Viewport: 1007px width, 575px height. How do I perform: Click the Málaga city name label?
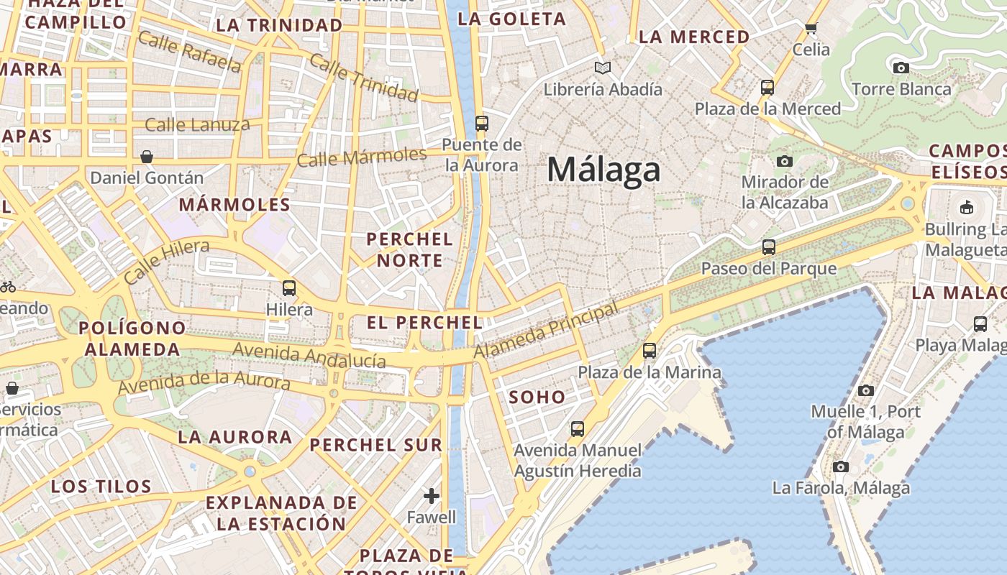(x=603, y=170)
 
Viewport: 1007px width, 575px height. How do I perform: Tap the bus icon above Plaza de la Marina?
(x=650, y=351)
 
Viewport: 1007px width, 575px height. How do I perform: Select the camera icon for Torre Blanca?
(x=901, y=68)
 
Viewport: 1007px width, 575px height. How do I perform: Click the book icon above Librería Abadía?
(x=603, y=68)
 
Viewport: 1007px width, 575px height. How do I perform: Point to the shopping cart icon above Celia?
(x=811, y=29)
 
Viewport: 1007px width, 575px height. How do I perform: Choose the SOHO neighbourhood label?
(x=537, y=397)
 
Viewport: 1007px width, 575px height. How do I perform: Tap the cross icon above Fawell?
(x=432, y=496)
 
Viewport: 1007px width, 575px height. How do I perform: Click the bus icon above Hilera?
(x=289, y=288)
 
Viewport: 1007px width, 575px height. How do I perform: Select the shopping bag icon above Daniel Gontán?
(x=147, y=157)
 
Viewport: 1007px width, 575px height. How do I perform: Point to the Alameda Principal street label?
(x=545, y=331)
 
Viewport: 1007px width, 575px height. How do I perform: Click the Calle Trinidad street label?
(x=363, y=78)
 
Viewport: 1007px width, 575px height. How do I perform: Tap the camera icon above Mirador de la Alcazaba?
(x=785, y=161)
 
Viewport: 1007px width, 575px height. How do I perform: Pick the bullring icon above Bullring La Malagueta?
(x=967, y=208)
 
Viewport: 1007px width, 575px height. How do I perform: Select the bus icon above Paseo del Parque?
(x=769, y=247)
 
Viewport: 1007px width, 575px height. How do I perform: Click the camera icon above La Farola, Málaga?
(x=840, y=467)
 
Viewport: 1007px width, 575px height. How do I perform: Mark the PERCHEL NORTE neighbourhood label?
(x=410, y=249)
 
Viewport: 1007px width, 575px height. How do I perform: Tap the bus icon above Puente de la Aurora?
(x=482, y=124)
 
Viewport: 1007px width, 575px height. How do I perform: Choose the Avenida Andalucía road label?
(x=309, y=355)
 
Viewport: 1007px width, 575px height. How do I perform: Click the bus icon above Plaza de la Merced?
(x=767, y=88)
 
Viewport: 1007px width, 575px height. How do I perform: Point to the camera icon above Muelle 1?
(x=866, y=391)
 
